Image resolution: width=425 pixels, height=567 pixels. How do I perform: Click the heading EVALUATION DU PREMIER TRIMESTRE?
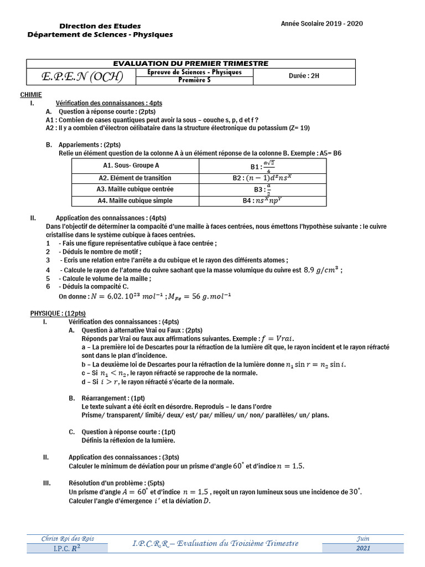point(190,64)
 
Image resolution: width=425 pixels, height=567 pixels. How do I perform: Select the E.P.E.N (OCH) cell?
point(82,76)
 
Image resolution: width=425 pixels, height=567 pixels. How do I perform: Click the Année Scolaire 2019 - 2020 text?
point(322,24)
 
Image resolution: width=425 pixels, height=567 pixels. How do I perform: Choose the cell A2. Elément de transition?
point(135,178)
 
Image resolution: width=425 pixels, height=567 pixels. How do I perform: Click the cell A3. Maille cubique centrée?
point(135,189)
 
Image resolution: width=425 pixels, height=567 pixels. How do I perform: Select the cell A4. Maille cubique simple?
point(135,200)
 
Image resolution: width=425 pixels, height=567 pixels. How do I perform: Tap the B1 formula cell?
point(262,165)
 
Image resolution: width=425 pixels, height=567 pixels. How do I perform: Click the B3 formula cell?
point(262,189)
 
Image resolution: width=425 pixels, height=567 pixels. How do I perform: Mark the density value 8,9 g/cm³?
point(323,270)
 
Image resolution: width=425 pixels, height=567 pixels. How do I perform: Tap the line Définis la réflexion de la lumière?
point(128,440)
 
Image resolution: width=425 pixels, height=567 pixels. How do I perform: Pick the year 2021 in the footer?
point(363,548)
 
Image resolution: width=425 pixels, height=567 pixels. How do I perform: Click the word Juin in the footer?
point(363,539)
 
